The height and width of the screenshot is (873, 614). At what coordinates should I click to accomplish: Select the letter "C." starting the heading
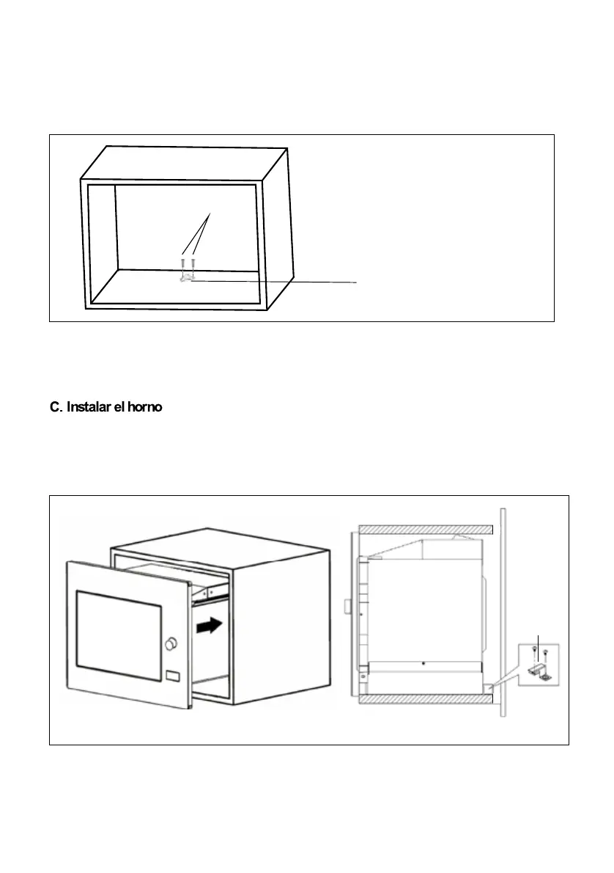pos(56,407)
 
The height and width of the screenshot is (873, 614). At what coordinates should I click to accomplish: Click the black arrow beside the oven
pos(207,627)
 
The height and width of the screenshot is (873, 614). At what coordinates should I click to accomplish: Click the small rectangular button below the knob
pos(173,676)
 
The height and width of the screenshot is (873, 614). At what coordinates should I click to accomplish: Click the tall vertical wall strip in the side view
pos(500,609)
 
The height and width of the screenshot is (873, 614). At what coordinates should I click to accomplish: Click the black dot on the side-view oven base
pos(424,663)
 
